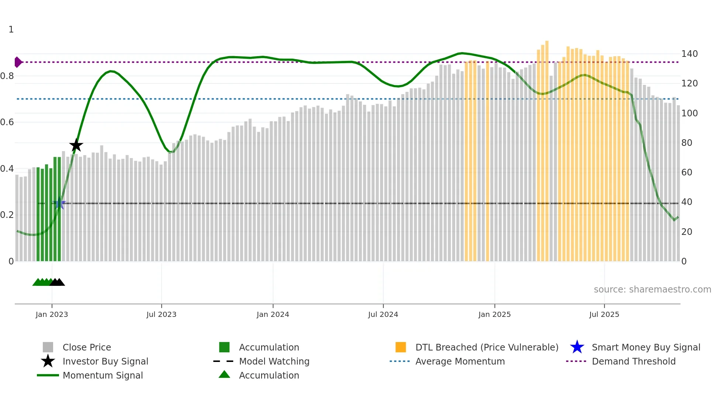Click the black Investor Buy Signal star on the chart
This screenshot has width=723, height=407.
pos(76,145)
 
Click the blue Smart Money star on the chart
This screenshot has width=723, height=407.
pos(59,203)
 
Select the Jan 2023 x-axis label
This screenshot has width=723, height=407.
pos(52,314)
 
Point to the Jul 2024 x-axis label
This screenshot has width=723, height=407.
pos(383,314)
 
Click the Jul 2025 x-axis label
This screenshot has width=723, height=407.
pos(604,314)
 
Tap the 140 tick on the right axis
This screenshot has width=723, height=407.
pos(689,54)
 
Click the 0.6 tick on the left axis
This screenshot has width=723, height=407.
pos(7,122)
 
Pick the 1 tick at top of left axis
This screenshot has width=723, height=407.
pos(11,30)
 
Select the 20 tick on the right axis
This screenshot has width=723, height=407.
pos(686,232)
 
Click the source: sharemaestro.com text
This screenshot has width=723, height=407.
pos(652,290)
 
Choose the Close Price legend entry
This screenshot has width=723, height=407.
pos(87,347)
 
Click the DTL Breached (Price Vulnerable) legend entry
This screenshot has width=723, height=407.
pos(487,347)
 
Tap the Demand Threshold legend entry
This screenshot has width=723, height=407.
pos(633,361)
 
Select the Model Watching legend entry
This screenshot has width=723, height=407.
pos(274,361)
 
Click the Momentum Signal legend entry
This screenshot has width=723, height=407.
pos(103,375)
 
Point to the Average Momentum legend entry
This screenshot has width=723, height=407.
pos(460,361)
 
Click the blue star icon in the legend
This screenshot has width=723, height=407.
pos(577,347)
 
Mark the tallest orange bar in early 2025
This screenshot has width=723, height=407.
pos(547,148)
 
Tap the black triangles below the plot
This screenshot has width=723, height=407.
pos(57,282)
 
